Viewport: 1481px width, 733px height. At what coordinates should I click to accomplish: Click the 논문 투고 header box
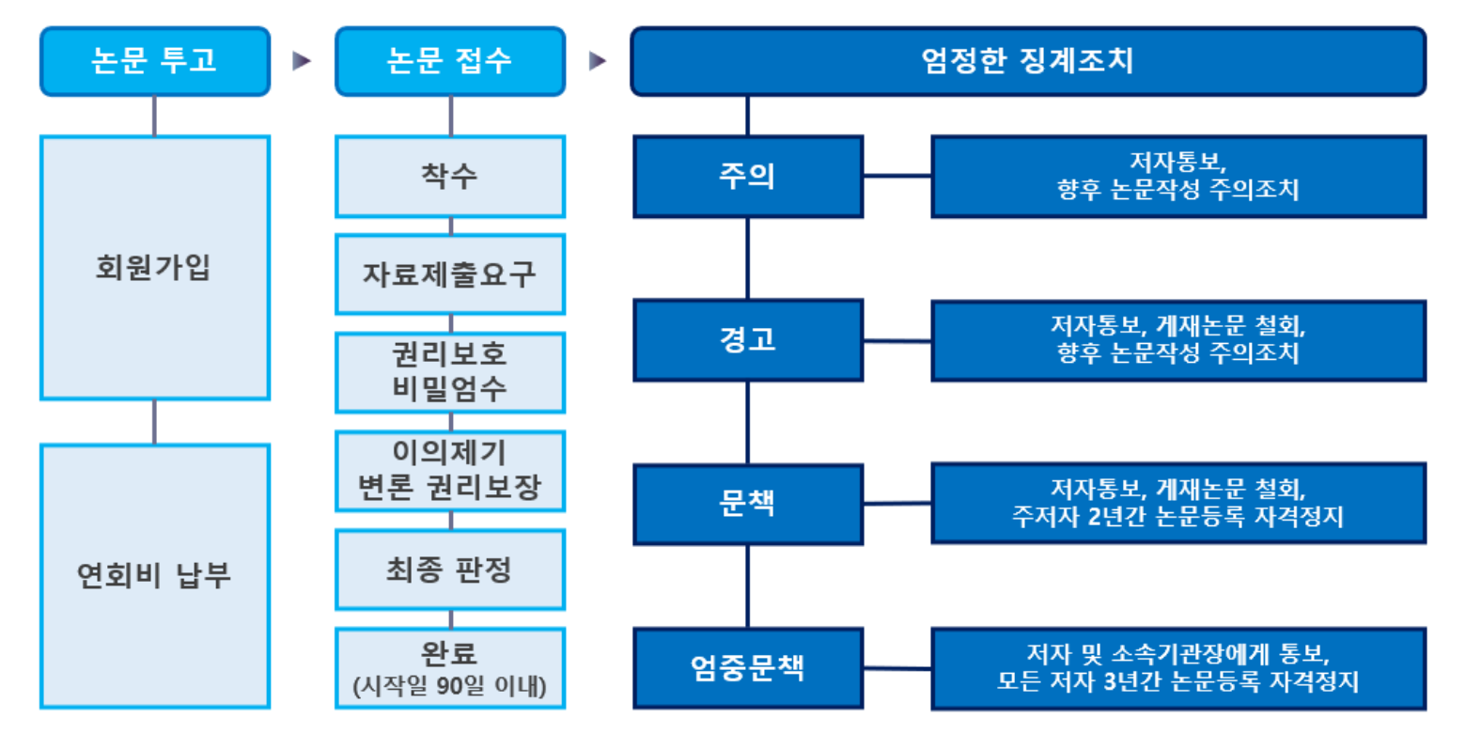(155, 61)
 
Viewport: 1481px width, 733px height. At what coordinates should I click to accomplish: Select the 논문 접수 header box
(450, 61)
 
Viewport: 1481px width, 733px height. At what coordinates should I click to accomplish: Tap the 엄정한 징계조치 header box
(1028, 61)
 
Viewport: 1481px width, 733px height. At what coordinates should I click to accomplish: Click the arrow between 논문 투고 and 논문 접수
(302, 61)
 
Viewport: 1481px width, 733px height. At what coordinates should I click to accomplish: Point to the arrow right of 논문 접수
(597, 61)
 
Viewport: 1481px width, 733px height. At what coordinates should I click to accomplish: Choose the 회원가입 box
(155, 268)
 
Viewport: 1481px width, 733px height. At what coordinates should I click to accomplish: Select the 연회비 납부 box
(155, 576)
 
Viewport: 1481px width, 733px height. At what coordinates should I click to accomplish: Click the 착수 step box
(450, 177)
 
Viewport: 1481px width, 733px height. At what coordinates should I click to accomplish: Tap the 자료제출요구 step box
(450, 274)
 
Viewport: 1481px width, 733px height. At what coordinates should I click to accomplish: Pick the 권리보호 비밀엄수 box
(450, 372)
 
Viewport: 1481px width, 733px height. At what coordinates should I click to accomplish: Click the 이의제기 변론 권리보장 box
(450, 471)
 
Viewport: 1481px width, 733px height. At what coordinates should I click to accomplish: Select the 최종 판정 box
(450, 569)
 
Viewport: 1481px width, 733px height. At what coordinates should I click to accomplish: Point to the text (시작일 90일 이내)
(450, 686)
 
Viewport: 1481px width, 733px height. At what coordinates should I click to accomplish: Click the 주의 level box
(748, 177)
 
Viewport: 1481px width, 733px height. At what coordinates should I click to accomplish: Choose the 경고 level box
(748, 340)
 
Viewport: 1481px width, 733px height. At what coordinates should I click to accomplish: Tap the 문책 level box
(748, 504)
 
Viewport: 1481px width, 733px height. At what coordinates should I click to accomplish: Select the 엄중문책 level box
(748, 668)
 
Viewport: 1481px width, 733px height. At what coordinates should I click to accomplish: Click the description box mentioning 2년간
(1178, 504)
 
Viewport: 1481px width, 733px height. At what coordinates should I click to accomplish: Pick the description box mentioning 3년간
(1178, 668)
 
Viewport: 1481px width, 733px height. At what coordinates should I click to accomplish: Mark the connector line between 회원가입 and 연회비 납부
(155, 422)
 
